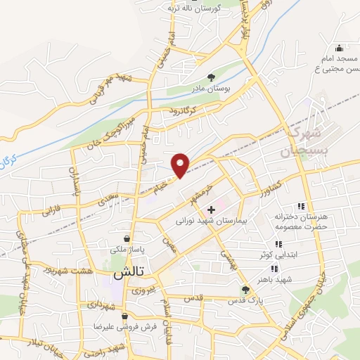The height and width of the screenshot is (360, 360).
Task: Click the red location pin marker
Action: [181, 164]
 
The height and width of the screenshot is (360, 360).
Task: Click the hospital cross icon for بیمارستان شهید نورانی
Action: [211, 210]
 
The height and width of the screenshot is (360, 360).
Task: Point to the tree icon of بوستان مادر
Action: [212, 77]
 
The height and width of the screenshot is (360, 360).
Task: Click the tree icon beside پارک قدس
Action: [245, 289]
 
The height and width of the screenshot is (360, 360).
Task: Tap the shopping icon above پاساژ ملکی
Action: [126, 238]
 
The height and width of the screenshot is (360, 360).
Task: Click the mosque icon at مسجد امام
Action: [339, 49]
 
